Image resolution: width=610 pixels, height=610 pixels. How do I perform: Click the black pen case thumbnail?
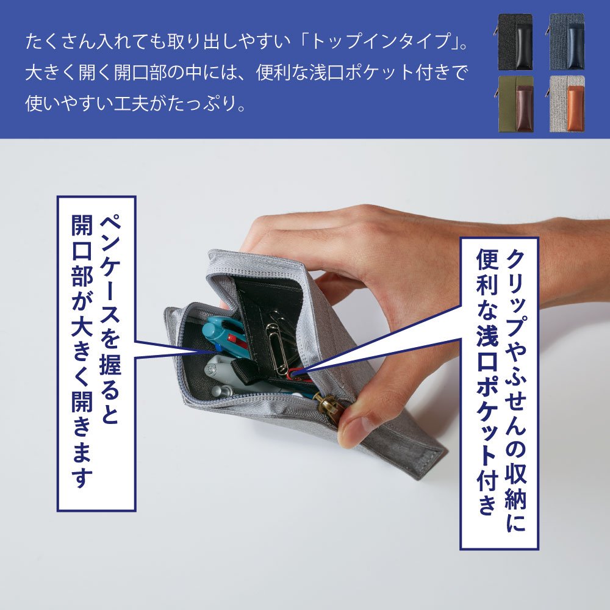[514, 42]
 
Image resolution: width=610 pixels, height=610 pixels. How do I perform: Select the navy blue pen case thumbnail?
[567, 42]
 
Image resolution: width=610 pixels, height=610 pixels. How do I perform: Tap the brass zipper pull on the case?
[327, 404]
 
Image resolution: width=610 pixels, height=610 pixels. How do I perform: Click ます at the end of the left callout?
[82, 465]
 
